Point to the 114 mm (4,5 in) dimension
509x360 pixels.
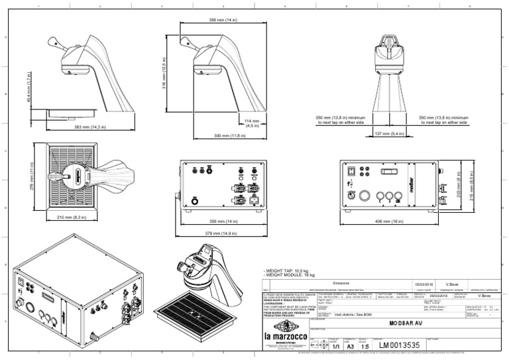point(251,123)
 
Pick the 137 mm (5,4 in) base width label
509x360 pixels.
point(390,134)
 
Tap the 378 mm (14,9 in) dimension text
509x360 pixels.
point(222,233)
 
